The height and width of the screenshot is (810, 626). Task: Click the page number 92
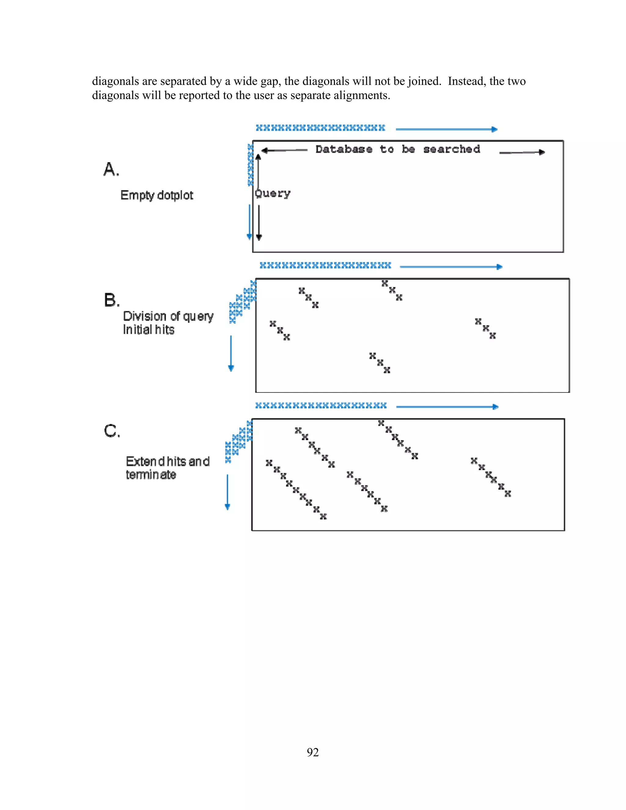point(313,752)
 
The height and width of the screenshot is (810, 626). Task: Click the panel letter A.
point(111,170)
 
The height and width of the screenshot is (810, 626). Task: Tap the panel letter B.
point(111,300)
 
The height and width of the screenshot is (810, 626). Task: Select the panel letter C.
point(112,431)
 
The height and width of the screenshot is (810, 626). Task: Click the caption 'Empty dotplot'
point(156,195)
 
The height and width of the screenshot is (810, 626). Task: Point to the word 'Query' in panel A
point(273,193)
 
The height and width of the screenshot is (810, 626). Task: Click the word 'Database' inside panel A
point(344,149)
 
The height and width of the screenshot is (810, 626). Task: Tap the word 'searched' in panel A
point(452,149)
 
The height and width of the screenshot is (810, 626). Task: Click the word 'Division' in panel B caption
point(145,316)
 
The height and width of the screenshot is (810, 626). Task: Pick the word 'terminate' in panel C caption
point(151,475)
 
